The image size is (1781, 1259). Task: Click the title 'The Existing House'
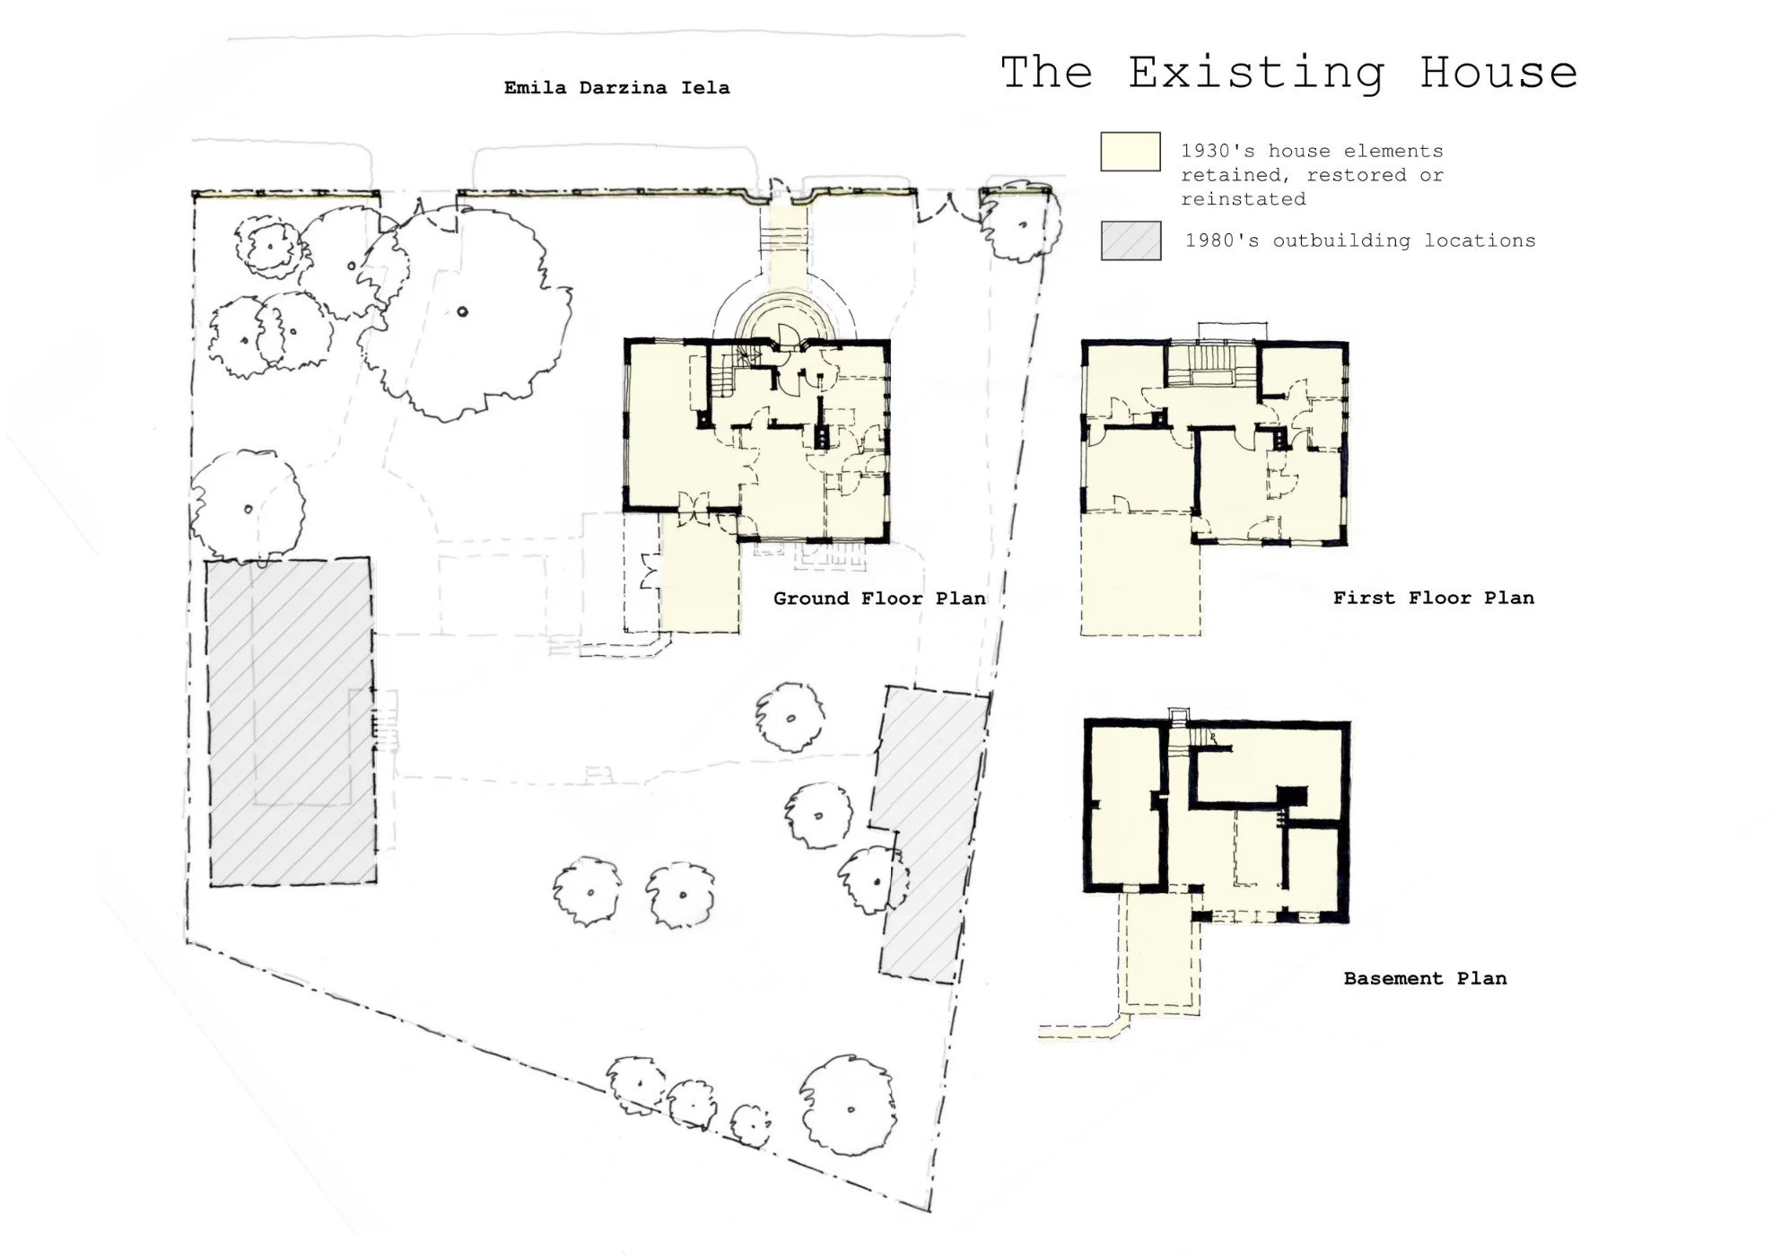tap(1288, 72)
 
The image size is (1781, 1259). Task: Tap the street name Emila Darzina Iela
tap(616, 88)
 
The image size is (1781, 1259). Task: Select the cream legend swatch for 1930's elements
tap(1130, 152)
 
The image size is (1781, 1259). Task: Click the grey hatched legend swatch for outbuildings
tap(1131, 240)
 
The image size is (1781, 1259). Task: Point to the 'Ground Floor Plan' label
tap(878, 599)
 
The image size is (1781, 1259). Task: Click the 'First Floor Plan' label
tap(1433, 598)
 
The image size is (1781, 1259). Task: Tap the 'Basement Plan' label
tap(1425, 978)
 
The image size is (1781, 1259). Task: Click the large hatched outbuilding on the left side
tap(291, 721)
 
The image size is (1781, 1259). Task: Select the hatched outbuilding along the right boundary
tap(931, 835)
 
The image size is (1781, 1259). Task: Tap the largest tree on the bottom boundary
tap(847, 1108)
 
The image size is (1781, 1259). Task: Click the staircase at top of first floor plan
tap(1211, 363)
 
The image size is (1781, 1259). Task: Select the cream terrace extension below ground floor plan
tap(699, 574)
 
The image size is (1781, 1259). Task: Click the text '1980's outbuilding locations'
tap(1359, 240)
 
